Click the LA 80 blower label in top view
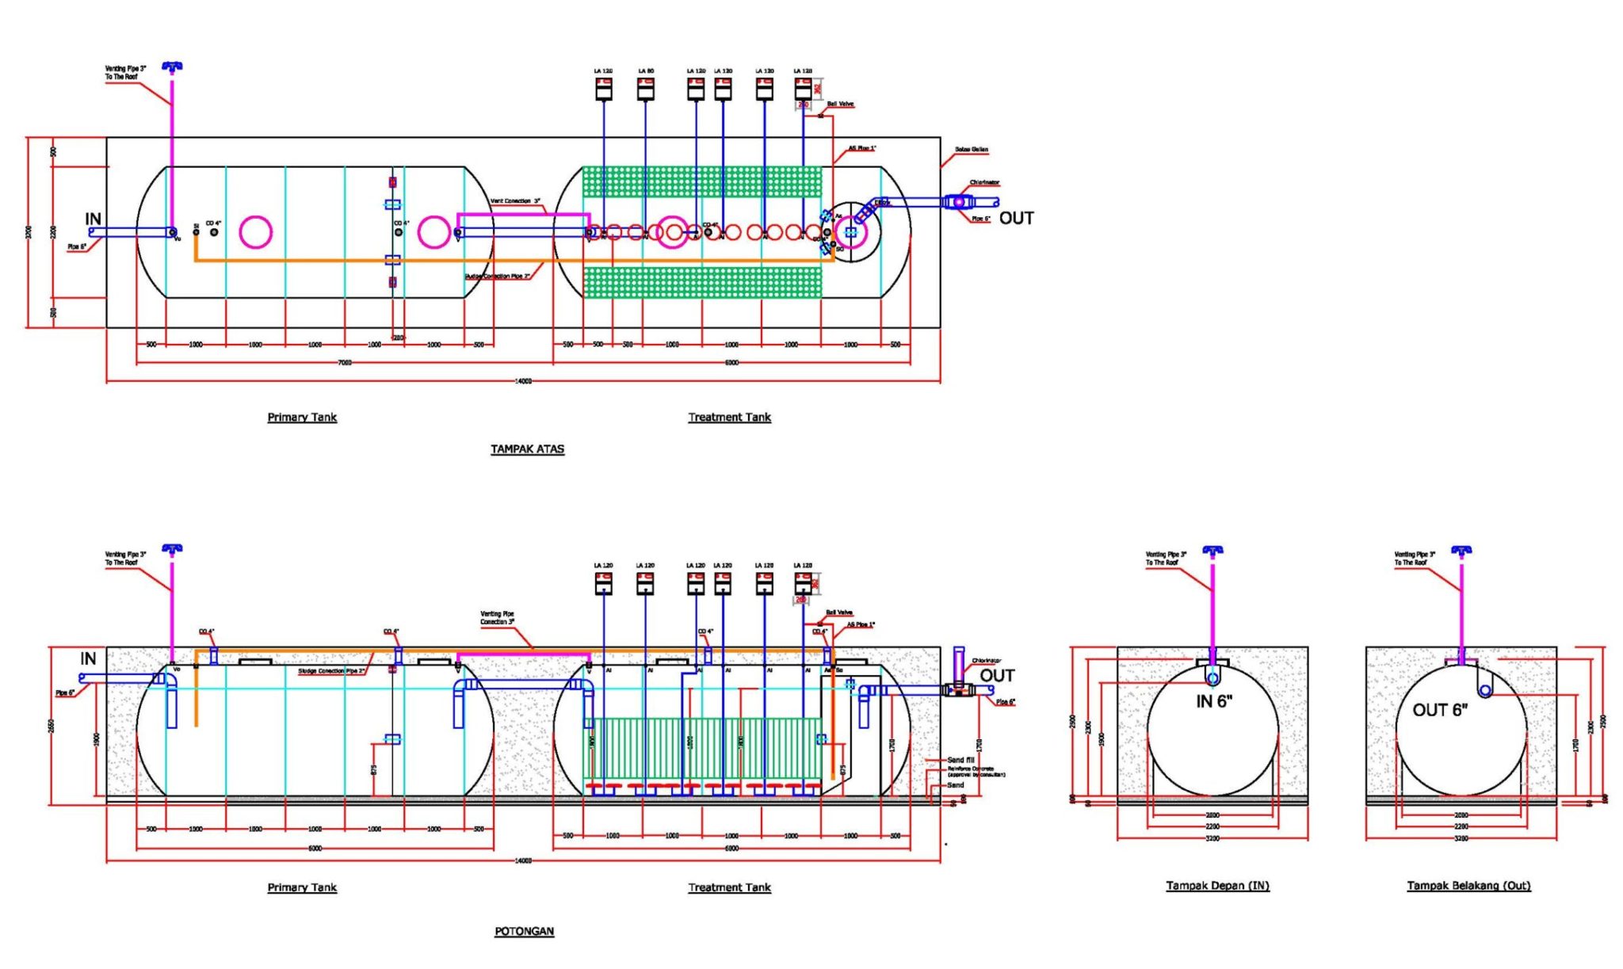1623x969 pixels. [646, 71]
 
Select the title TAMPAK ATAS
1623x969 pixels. [527, 448]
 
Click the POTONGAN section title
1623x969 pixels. [524, 931]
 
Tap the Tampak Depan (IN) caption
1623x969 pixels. [1216, 885]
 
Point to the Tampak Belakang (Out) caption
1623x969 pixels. [1468, 885]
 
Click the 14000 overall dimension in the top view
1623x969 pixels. [523, 381]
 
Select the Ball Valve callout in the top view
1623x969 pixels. [840, 104]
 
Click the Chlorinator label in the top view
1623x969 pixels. [984, 182]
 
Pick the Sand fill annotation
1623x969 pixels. [960, 760]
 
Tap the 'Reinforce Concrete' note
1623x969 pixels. [971, 769]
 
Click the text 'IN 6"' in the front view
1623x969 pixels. [1213, 701]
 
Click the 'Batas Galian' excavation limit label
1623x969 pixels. [971, 149]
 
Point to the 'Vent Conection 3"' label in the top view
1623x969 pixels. [515, 200]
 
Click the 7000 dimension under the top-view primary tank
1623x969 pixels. [345, 362]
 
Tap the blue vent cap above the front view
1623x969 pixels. [1212, 549]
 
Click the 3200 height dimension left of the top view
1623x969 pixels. [29, 232]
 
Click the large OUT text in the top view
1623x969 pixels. [1016, 218]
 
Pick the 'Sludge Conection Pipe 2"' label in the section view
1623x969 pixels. [331, 671]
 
